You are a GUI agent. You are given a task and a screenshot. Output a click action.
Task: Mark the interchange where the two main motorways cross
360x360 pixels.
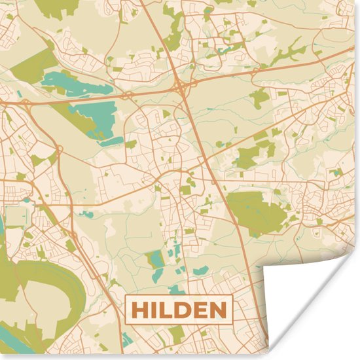point(179,86)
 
